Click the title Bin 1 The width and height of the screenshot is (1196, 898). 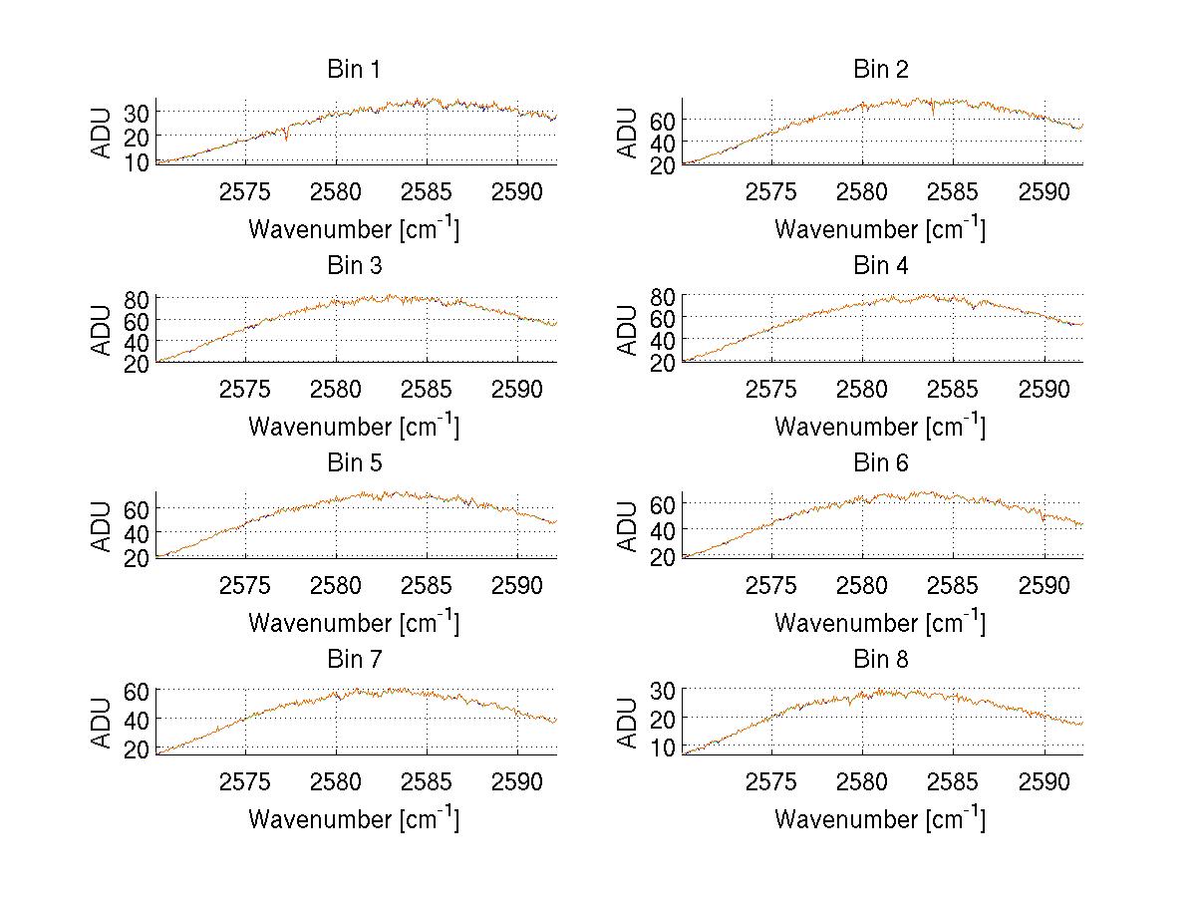click(353, 70)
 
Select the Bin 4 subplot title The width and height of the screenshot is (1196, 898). click(881, 266)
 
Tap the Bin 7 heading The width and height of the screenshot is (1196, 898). click(353, 660)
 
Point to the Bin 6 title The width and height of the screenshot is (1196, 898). click(881, 463)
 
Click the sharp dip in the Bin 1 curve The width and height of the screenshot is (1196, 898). click(286, 138)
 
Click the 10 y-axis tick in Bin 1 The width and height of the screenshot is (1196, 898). click(136, 161)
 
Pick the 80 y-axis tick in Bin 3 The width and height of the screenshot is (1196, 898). click(136, 298)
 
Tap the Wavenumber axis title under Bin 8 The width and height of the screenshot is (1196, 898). click(880, 819)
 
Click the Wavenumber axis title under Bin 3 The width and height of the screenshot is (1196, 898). click(354, 427)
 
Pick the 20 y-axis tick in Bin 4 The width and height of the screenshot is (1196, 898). click(662, 363)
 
